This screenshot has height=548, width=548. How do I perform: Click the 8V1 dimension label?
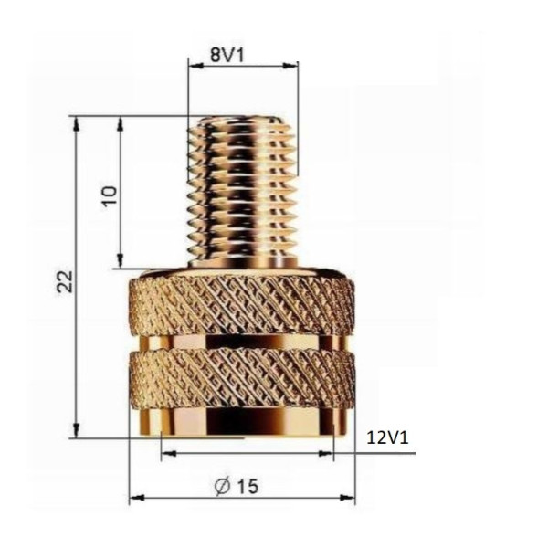(226, 53)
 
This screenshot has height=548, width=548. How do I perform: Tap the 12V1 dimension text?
(386, 438)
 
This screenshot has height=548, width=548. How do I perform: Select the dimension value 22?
(65, 279)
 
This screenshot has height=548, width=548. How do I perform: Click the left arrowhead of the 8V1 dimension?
(193, 66)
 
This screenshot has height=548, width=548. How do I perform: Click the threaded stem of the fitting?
(243, 192)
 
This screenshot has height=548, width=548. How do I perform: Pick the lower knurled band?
(242, 379)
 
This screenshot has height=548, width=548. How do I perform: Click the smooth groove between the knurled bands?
(242, 342)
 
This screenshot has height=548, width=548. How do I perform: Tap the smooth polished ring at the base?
(242, 421)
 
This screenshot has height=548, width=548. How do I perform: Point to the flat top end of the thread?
(243, 119)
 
